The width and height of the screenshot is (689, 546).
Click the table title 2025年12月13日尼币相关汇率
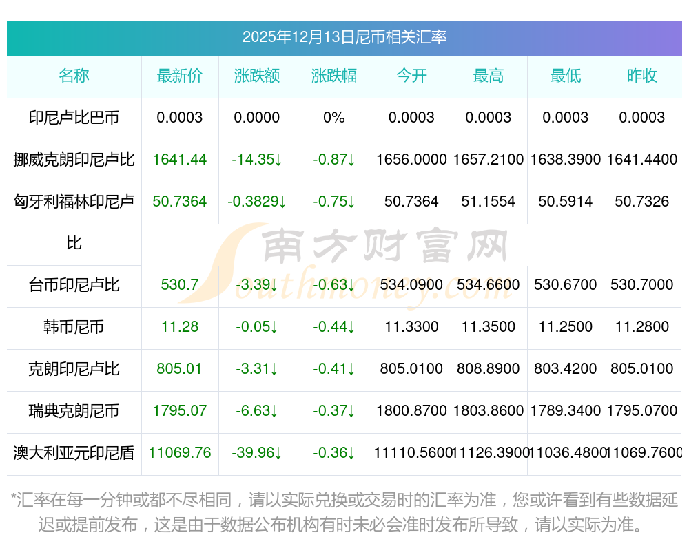pyautogui.click(x=344, y=37)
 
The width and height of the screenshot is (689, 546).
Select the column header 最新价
pyautogui.click(x=180, y=76)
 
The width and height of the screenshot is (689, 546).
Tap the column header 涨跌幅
pyautogui.click(x=334, y=76)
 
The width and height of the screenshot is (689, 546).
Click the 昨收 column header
pyautogui.click(x=642, y=76)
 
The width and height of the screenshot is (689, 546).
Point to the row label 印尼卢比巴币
pyautogui.click(x=74, y=118)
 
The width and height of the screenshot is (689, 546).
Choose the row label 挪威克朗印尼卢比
pyautogui.click(x=74, y=160)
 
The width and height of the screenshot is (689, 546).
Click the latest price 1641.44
pyautogui.click(x=180, y=160)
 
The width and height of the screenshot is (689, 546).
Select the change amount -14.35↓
pyautogui.click(x=257, y=160)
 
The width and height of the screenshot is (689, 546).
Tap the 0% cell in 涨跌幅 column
pyautogui.click(x=334, y=118)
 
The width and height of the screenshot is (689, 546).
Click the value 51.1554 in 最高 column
pyautogui.click(x=489, y=202)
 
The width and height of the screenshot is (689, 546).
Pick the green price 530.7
pyautogui.click(x=180, y=285)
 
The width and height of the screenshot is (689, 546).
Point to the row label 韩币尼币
pyautogui.click(x=74, y=327)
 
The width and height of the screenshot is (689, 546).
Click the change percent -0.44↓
pyautogui.click(x=334, y=327)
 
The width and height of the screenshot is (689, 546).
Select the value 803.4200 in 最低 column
pyautogui.click(x=566, y=369)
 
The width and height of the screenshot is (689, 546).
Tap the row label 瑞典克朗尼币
pyautogui.click(x=74, y=411)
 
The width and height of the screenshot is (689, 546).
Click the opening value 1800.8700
pyautogui.click(x=411, y=411)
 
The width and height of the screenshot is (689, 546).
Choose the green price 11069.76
pyautogui.click(x=180, y=453)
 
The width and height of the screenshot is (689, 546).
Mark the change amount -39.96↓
pyautogui.click(x=257, y=453)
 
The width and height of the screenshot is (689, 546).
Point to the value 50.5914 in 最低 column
pyautogui.click(x=566, y=202)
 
